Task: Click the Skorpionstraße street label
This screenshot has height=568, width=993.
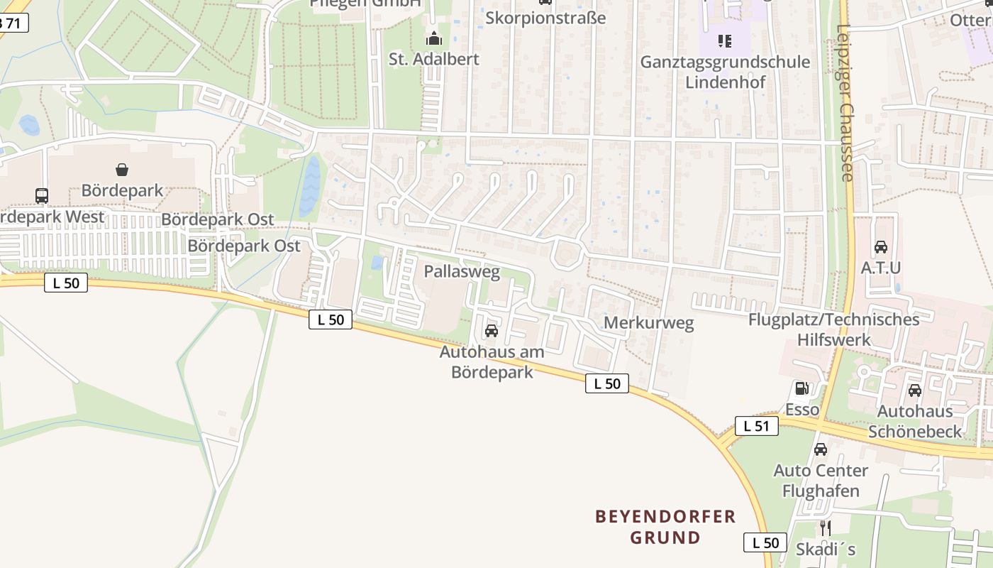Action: (x=545, y=18)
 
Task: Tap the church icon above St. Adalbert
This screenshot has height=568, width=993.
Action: (x=434, y=38)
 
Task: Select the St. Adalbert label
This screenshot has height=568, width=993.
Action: (x=434, y=59)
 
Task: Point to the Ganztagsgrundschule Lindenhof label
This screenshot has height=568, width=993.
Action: (x=725, y=72)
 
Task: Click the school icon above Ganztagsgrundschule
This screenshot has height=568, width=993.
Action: (x=724, y=41)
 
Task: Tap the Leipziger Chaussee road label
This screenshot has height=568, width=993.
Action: (x=845, y=103)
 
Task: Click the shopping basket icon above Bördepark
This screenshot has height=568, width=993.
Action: (x=122, y=170)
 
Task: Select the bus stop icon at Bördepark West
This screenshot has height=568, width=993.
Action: (x=42, y=195)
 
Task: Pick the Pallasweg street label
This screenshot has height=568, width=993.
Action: (x=462, y=271)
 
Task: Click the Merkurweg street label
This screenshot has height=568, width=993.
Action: (x=648, y=323)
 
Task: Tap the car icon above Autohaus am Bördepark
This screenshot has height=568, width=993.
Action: (x=491, y=331)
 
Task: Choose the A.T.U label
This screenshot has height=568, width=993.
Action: (x=880, y=268)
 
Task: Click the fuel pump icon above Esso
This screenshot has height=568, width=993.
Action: (x=802, y=388)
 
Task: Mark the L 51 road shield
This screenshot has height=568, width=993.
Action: (x=757, y=426)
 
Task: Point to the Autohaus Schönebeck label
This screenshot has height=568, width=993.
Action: (x=915, y=421)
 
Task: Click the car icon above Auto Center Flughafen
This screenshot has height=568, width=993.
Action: (x=821, y=449)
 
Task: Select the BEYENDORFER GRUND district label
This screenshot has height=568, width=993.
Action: (x=665, y=527)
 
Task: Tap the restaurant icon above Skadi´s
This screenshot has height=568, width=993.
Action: (x=825, y=528)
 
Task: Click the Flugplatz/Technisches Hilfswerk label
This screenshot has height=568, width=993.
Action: (x=833, y=329)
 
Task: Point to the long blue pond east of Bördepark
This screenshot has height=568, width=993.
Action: (x=310, y=186)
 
